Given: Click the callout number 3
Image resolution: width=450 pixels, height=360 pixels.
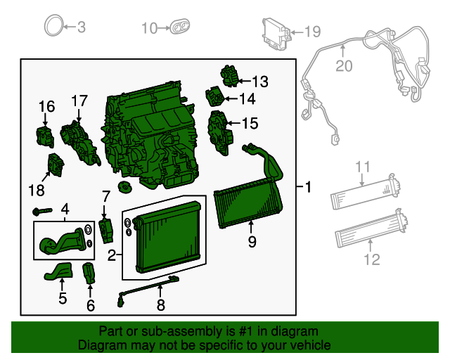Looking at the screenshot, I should pyautogui.click(x=81, y=27).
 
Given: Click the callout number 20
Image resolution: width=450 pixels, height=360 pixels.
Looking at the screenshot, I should pyautogui.click(x=343, y=66).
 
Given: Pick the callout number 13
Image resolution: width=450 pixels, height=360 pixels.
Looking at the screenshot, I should pyautogui.click(x=259, y=82).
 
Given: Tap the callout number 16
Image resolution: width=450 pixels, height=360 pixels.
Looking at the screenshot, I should pyautogui.click(x=46, y=106).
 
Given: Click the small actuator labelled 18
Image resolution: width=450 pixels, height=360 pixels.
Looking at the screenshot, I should pyautogui.click(x=54, y=165).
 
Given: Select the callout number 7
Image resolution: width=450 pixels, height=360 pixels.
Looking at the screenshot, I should pyautogui.click(x=106, y=195).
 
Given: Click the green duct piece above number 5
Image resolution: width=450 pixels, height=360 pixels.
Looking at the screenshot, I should pyautogui.click(x=60, y=271).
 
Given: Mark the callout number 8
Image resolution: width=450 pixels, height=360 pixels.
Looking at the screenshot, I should pyautogui.click(x=160, y=305).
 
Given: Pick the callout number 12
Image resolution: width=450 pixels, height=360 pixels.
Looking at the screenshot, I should pyautogui.click(x=371, y=259).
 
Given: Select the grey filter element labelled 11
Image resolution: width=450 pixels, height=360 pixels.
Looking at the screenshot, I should pyautogui.click(x=366, y=192).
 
